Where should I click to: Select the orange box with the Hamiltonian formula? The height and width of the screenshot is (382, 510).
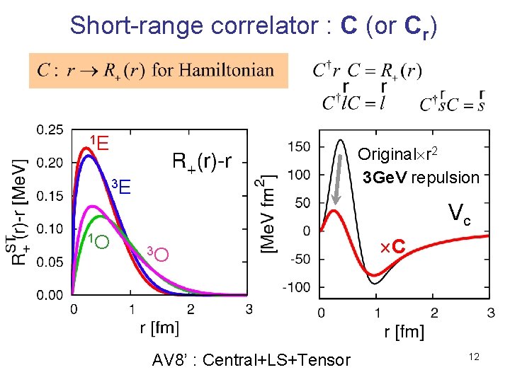pos(159,70)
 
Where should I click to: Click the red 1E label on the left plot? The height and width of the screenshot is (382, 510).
pos(98,144)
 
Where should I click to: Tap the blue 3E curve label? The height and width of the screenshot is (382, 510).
pos(121,187)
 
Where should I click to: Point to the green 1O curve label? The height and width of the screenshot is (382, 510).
pos(98,241)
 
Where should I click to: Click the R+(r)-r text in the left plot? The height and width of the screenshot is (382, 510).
pos(203,162)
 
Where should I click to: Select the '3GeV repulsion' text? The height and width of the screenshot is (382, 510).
pos(420,177)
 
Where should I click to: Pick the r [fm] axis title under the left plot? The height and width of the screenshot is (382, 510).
pos(159,328)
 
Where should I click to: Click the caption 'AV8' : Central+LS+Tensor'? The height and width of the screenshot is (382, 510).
pos(251,360)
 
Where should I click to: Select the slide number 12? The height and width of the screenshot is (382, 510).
pos(473,357)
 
